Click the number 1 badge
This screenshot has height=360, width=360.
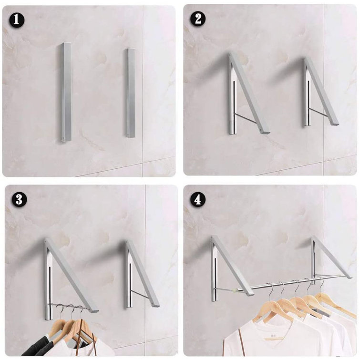point(18,20)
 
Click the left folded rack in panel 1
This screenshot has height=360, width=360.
point(66,92)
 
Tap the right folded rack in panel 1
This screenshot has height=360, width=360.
point(130,93)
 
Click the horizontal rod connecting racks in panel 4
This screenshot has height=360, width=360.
point(281,284)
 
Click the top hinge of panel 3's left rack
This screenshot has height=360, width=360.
point(47,241)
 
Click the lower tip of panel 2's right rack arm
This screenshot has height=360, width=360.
point(334,123)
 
